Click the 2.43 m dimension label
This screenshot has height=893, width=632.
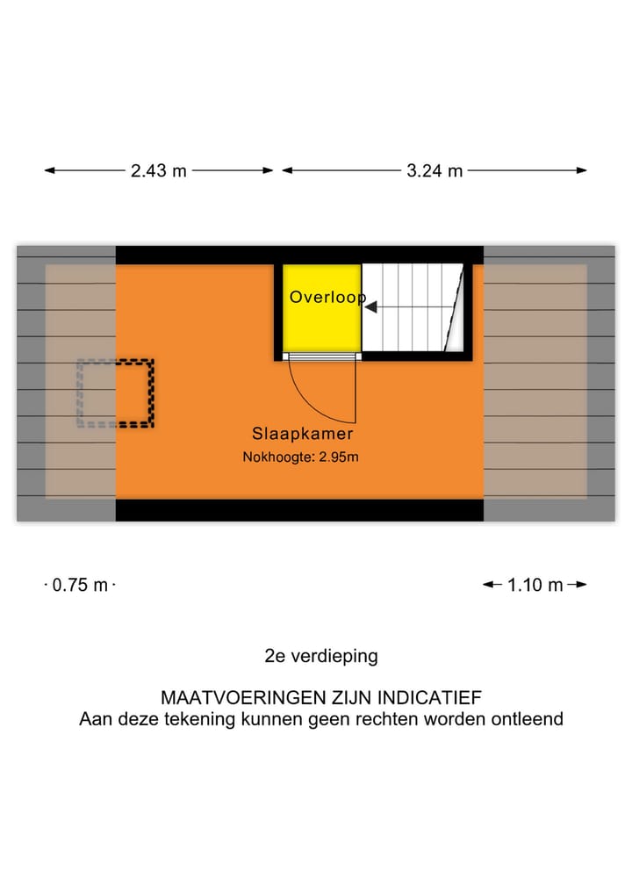coord(159,171)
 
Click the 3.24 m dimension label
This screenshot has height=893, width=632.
coord(434,171)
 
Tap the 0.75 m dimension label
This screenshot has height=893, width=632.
coord(80,585)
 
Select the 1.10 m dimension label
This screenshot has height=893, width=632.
coord(535,585)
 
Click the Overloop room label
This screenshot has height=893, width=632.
coord(327,298)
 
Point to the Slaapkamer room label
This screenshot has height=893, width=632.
coord(303,434)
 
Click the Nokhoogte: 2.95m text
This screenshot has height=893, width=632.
coord(301,457)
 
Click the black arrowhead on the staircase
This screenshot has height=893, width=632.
coord(371,307)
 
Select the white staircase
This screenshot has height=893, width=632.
coord(413,307)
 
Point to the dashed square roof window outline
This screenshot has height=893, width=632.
coord(117,392)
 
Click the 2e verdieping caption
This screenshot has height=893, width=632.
coord(320,656)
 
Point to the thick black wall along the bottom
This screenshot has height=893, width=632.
coord(299,510)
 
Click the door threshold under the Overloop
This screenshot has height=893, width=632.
coord(322,356)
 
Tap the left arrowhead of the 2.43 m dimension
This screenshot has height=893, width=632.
coord(50,171)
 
